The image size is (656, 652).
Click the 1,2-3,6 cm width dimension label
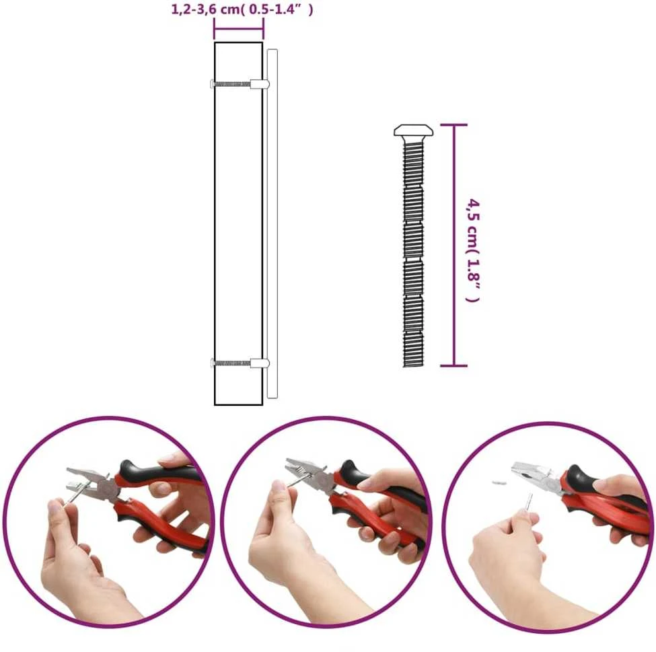pyautogui.click(x=242, y=9)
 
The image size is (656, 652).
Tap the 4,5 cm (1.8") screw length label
pyautogui.click(x=473, y=250)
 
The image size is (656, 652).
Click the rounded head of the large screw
pyautogui.click(x=413, y=131)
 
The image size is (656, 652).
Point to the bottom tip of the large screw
pyautogui.click(x=413, y=367)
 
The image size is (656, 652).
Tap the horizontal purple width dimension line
pyautogui.click(x=239, y=30)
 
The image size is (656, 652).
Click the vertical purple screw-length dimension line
pyautogui.click(x=454, y=245)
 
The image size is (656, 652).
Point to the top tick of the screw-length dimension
pyautogui.click(x=454, y=124)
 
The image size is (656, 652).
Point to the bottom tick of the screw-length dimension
pyautogui.click(x=454, y=365)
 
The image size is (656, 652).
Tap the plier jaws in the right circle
pyautogui.click(x=527, y=472)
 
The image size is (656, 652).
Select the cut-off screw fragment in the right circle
pyautogui.click(x=499, y=482)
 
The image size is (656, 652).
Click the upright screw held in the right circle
pyautogui.click(x=530, y=503)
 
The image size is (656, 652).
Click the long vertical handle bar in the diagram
pyautogui.click(x=272, y=224)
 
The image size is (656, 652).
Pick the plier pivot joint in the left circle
pyautogui.click(x=108, y=488)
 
